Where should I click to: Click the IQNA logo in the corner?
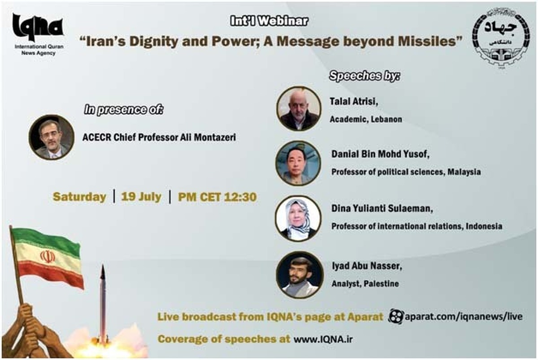(39, 34)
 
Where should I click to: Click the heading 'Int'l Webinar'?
(269, 21)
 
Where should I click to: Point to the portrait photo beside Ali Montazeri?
(52, 137)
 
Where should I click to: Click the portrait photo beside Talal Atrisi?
(299, 108)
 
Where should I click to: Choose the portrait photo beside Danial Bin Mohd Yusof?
(298, 163)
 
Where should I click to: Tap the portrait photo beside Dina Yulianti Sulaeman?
(298, 218)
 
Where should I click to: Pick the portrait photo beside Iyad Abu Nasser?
(299, 275)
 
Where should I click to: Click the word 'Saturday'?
(79, 197)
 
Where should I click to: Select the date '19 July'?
(141, 197)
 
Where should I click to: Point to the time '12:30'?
(240, 197)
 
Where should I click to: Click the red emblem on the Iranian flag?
(48, 256)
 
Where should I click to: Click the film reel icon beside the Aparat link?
(395, 317)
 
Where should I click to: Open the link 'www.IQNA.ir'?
(323, 339)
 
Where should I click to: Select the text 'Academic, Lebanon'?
(366, 119)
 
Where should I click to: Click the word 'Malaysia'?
(464, 172)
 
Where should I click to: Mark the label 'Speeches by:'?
(364, 76)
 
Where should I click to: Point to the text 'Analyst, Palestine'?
(365, 284)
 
